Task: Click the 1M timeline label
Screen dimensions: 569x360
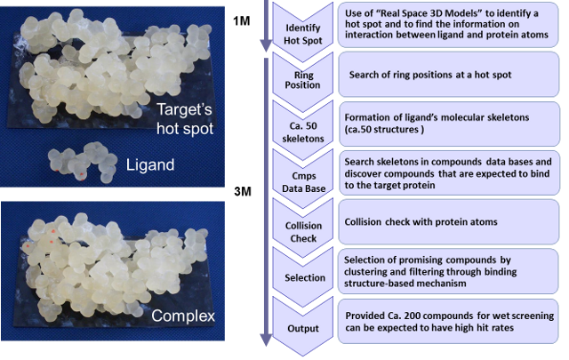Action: click(242, 21)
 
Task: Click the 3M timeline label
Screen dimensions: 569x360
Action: click(243, 191)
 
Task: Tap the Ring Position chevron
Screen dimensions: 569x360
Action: click(302, 80)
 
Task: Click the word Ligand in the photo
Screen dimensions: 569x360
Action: click(150, 164)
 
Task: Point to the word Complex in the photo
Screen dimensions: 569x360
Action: click(183, 316)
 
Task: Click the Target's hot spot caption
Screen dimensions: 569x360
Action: click(185, 119)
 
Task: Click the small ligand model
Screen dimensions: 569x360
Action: click(83, 162)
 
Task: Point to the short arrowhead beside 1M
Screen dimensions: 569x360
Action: click(266, 46)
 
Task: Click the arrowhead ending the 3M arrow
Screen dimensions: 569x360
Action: click(266, 340)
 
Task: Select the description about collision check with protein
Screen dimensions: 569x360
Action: click(421, 221)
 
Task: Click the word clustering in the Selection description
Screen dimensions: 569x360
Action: click(365, 272)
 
